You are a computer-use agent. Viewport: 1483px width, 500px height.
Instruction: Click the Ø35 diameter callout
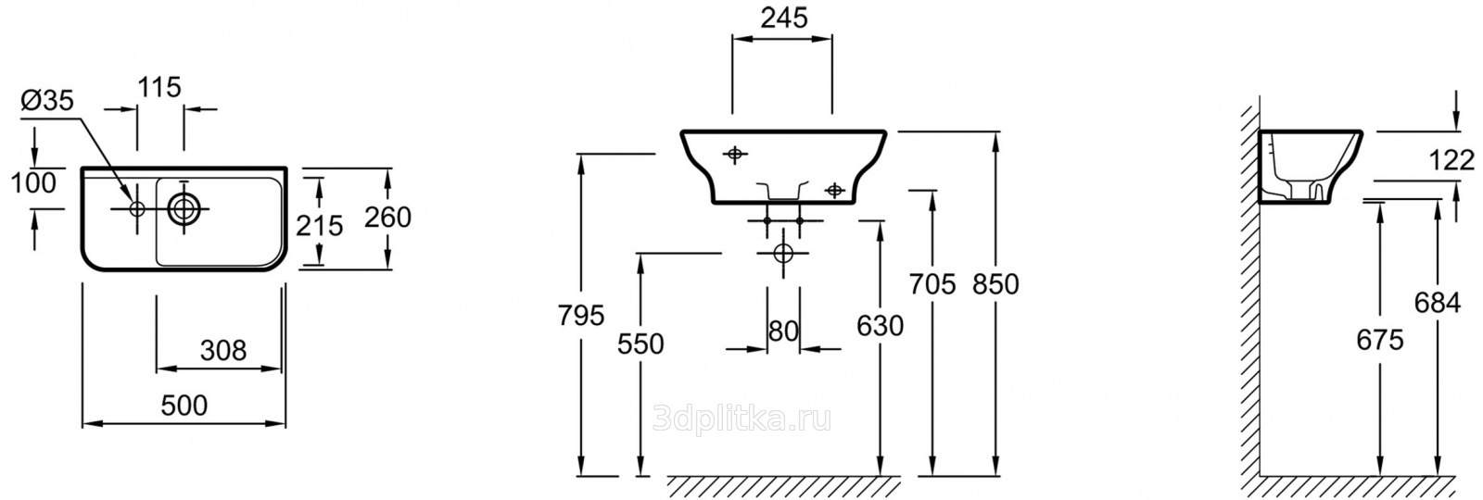[47, 101]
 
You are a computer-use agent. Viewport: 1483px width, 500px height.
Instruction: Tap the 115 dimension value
[159, 87]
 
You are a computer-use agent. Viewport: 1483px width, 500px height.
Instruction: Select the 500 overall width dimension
[184, 406]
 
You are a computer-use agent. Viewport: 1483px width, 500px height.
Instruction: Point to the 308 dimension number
[223, 351]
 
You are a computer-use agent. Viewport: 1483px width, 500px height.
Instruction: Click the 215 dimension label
[319, 226]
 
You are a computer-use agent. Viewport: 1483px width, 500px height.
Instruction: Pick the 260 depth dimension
[388, 217]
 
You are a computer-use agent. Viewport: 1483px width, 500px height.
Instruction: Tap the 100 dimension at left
[33, 183]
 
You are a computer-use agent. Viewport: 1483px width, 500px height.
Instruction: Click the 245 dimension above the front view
[784, 19]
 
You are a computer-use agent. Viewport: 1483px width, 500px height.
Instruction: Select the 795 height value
[580, 316]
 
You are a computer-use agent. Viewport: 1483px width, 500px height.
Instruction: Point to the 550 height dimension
[640, 344]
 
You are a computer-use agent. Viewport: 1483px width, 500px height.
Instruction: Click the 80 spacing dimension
[783, 331]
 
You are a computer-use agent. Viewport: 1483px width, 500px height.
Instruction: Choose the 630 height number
[880, 325]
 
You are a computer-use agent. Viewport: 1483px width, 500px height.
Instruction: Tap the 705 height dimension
[932, 284]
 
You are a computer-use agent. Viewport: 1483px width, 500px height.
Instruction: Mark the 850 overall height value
[995, 284]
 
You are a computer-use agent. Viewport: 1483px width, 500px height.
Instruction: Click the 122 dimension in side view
[1451, 160]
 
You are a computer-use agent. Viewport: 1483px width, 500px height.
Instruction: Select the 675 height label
[1380, 340]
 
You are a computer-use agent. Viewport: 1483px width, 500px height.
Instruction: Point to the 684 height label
[1438, 303]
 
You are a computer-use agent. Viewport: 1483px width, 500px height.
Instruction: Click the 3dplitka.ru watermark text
[741, 419]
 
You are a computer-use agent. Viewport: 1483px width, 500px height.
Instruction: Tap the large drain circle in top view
[182, 208]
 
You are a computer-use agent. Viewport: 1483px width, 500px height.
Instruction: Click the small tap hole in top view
[137, 209]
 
